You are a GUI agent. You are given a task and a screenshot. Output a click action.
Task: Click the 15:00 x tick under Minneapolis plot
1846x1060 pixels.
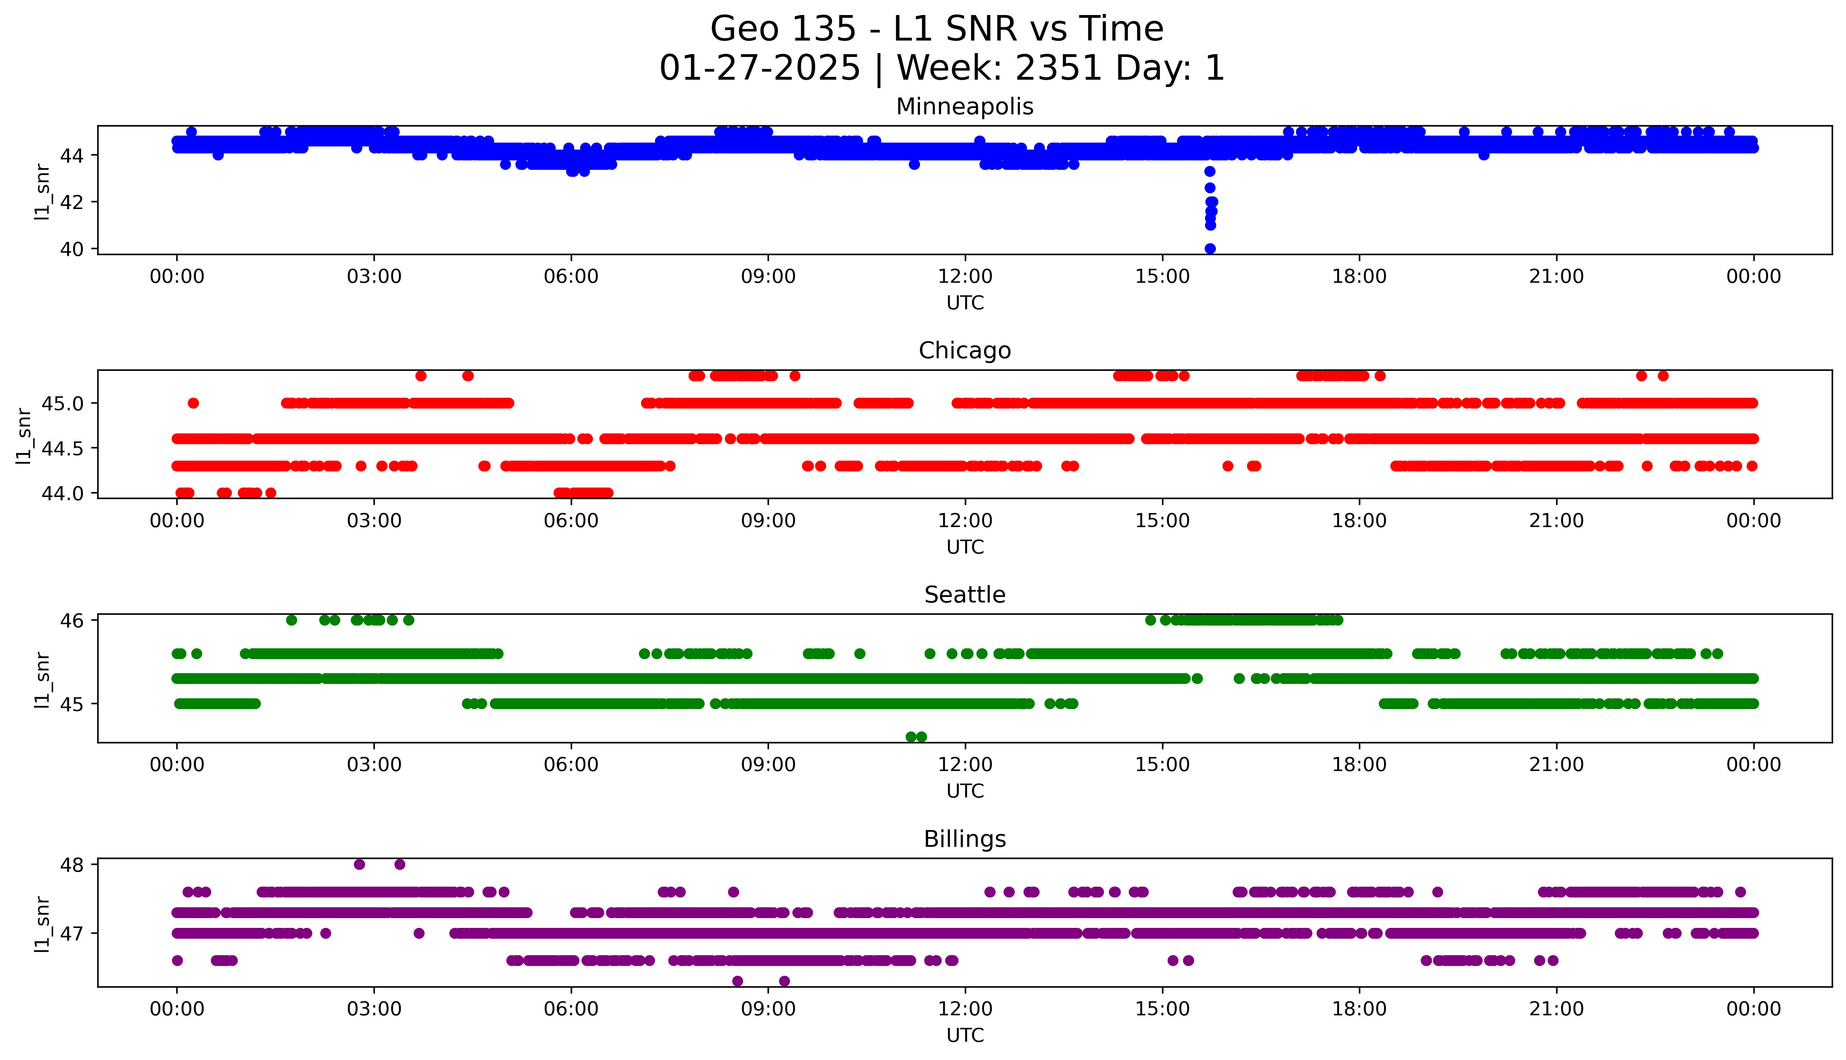tap(1162, 277)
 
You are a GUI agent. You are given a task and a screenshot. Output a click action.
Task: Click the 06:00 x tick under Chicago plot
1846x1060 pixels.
tap(571, 521)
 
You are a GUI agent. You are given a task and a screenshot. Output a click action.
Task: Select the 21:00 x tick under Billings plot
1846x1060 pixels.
tap(1556, 1009)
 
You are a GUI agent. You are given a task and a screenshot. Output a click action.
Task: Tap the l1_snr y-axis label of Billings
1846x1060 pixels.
tap(42, 923)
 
